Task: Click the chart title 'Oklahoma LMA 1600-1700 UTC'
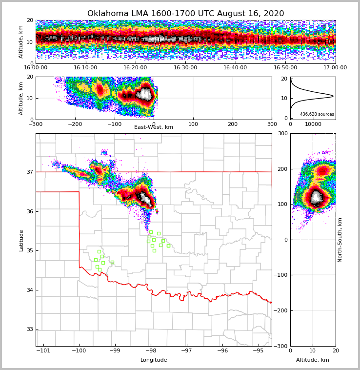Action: [x=185, y=14]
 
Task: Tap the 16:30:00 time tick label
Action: [x=185, y=68]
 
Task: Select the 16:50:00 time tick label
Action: [x=285, y=68]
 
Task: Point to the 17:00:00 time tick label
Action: [x=335, y=68]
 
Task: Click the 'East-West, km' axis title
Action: [x=154, y=127]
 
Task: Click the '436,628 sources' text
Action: [x=317, y=114]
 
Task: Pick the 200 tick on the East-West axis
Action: [x=233, y=124]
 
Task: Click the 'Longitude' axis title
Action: [x=154, y=360]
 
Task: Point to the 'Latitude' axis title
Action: [x=21, y=240]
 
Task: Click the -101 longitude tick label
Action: [x=43, y=351]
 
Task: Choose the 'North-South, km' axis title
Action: [x=340, y=240]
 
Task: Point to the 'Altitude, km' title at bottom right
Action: [x=313, y=360]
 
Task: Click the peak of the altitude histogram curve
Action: [x=333, y=96]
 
